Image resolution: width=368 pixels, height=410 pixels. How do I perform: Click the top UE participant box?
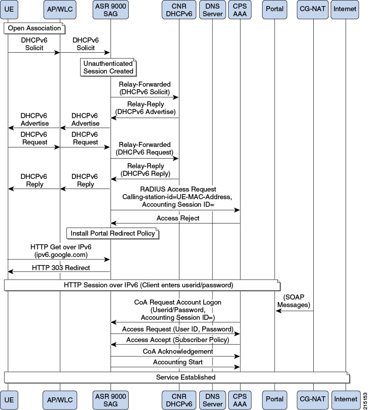pos(9,10)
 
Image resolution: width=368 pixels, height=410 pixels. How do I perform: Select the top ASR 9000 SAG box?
pos(111,10)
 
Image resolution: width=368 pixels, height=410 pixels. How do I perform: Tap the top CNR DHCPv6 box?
pos(179,10)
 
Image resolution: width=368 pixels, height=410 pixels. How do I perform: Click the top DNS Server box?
pos(212,10)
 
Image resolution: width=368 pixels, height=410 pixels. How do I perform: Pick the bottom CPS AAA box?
pos(240,400)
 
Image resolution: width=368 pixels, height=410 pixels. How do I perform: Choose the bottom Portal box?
pos(275,400)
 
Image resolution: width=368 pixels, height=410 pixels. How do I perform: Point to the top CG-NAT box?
pos(313,10)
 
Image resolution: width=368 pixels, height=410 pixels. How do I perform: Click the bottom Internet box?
pos(346,400)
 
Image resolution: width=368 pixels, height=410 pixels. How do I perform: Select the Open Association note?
pos(34,28)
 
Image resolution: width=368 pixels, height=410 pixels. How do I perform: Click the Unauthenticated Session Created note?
pos(108,67)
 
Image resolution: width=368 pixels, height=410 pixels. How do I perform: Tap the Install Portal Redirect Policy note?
pos(113,233)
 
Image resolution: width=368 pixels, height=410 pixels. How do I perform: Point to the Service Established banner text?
pos(186,377)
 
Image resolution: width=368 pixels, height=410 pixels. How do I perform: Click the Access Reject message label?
pos(178,218)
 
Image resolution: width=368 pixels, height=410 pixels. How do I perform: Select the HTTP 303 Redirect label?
pos(61,268)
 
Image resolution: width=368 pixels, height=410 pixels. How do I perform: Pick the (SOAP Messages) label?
pos(293,301)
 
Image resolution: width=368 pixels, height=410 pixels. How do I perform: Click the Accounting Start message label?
pos(178,362)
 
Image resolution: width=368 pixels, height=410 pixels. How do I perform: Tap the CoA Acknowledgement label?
pos(178,351)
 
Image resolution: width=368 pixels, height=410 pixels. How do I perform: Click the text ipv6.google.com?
pos(61,255)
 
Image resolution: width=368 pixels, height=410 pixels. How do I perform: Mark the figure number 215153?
pos(365,401)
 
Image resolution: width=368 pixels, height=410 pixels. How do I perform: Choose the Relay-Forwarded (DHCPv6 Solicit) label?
pos(144,88)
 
